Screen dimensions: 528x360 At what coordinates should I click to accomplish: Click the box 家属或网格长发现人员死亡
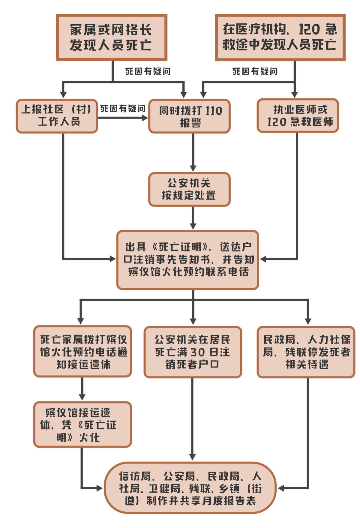111,37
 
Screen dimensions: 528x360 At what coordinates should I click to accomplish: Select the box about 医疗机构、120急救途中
280,37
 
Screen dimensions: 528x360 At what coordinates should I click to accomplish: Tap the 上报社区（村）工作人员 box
57,116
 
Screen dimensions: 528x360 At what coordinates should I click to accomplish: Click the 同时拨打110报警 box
189,116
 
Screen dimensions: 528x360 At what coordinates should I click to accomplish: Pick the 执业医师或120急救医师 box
298,115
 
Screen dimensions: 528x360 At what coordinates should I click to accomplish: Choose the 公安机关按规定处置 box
189,189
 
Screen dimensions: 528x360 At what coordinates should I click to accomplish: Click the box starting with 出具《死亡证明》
188,260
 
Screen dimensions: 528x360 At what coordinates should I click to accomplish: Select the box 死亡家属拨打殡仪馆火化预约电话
83,351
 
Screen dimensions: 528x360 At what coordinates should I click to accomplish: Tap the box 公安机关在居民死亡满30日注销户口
193,352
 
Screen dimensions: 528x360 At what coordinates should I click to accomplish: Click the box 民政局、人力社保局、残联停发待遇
306,352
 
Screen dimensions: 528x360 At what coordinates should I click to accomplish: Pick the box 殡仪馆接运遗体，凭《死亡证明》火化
83,424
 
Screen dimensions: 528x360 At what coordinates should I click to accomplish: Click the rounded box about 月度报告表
190,488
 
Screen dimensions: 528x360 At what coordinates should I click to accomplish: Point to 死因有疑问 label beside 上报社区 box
123,108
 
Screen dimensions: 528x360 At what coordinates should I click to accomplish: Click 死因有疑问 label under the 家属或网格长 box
148,71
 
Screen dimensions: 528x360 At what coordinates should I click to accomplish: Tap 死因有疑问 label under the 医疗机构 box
255,71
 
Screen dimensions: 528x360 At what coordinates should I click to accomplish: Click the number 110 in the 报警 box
212,111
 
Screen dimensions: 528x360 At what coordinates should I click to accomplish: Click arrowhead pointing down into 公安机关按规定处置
193,168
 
